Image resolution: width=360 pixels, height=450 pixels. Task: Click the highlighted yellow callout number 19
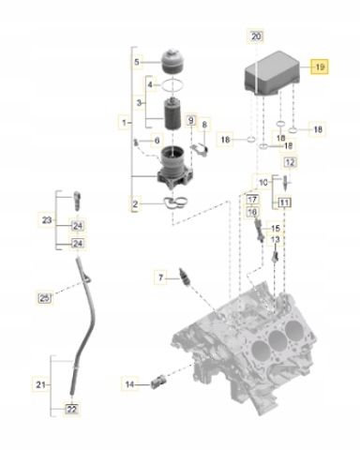click(319, 67)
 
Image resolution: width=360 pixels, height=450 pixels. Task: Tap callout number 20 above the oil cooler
click(256, 37)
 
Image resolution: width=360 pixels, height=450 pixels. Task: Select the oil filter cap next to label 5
click(172, 61)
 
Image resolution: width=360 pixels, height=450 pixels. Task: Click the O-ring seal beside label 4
click(172, 85)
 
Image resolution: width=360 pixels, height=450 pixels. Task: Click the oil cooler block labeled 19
click(271, 75)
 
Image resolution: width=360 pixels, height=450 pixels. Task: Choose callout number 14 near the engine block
click(130, 383)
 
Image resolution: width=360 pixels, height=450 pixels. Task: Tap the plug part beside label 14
click(158, 382)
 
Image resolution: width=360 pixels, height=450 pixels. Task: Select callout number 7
click(161, 277)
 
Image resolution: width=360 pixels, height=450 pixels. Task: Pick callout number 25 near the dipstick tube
click(45, 298)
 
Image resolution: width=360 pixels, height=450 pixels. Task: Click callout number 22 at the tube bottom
click(72, 409)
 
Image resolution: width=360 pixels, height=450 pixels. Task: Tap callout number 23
click(47, 219)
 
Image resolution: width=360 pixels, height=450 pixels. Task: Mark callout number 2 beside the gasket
click(135, 204)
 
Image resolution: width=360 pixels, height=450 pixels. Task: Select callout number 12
click(290, 162)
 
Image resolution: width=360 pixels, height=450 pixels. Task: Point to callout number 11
click(284, 203)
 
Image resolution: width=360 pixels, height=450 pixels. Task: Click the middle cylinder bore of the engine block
click(277, 338)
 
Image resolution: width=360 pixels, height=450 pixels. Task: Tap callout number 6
click(157, 141)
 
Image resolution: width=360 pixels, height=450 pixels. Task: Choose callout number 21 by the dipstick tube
click(41, 384)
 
